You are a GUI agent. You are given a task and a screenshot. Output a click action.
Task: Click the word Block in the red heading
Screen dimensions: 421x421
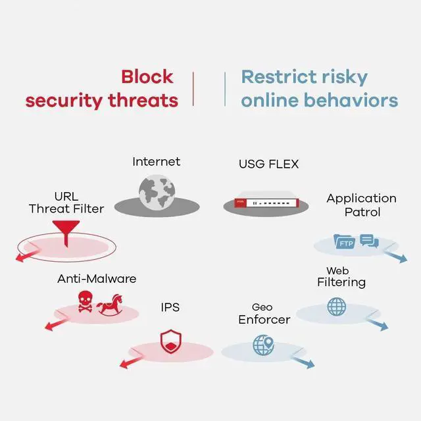pyautogui.click(x=147, y=76)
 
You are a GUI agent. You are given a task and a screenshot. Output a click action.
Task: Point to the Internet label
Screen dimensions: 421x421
pyautogui.click(x=156, y=161)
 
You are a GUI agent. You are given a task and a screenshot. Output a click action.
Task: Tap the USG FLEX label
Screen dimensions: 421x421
pyautogui.click(x=268, y=164)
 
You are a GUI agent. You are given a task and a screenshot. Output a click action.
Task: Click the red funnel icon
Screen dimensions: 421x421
pyautogui.click(x=64, y=231)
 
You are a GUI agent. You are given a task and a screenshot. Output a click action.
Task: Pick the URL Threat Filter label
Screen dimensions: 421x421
pyautogui.click(x=66, y=203)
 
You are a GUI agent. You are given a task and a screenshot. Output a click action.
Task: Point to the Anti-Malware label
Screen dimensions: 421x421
pyautogui.click(x=97, y=278)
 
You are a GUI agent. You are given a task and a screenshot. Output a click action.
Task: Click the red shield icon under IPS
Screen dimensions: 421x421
pyautogui.click(x=170, y=341)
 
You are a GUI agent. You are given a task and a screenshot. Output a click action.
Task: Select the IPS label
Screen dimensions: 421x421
pyautogui.click(x=170, y=307)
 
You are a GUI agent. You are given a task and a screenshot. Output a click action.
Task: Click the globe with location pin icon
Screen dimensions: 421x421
pyautogui.click(x=264, y=344)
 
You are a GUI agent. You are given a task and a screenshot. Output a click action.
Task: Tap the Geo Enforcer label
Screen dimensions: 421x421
pyautogui.click(x=263, y=314)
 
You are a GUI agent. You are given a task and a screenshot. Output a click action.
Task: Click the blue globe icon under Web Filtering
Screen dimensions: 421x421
pyautogui.click(x=336, y=307)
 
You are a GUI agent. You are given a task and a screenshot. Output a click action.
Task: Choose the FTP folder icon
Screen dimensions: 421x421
pyautogui.click(x=345, y=243)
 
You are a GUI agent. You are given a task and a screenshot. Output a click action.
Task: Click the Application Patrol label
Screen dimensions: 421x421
pyautogui.click(x=361, y=205)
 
